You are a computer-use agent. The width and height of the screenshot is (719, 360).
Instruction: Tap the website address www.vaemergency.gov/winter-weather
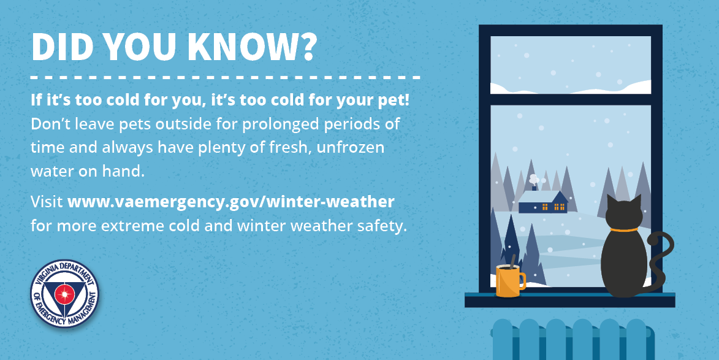coord(231,202)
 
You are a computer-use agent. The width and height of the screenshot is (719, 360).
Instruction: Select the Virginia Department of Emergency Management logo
coord(64,294)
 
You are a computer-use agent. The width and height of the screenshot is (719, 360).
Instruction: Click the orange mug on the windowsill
coord(511,280)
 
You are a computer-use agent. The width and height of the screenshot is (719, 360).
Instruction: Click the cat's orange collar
coord(623,229)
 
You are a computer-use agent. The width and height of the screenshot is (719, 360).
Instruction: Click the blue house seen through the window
coord(543,202)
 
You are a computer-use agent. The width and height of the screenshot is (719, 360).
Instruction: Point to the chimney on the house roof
coord(534,188)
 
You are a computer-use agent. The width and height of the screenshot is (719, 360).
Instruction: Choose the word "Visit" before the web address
coord(47,202)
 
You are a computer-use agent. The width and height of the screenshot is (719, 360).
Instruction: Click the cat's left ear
coord(611,201)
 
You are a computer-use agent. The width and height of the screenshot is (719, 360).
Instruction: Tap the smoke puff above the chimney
coord(533,179)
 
